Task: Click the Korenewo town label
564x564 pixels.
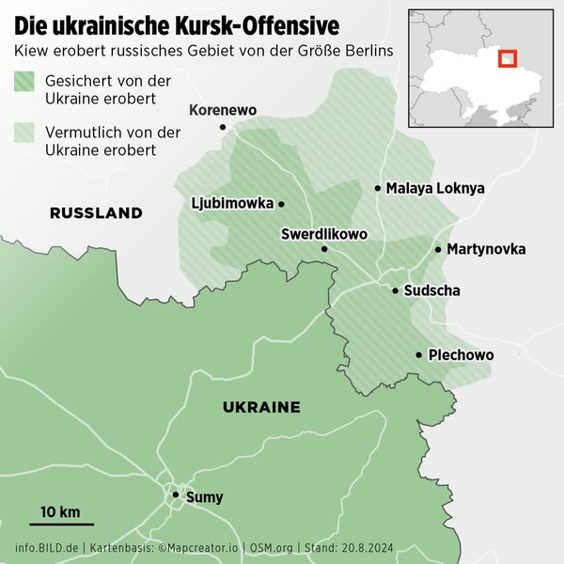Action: [x=223, y=111]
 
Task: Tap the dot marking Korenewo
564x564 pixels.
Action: [x=223, y=127]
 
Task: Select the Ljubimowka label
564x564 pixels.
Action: [x=231, y=203]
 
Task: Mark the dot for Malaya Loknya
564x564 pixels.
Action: [x=378, y=188]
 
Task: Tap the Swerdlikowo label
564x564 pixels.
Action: [x=324, y=233]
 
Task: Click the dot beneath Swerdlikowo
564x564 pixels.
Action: [x=324, y=249]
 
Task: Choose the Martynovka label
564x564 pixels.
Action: [x=486, y=249]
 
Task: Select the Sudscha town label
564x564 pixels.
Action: [x=431, y=290]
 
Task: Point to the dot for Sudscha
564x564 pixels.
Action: [x=396, y=290]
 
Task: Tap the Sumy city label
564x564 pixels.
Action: [x=205, y=496]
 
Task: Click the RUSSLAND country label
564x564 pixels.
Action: [x=96, y=213]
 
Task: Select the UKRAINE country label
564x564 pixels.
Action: [x=261, y=407]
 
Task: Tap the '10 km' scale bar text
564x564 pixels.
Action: [x=60, y=512]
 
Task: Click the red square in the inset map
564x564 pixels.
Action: [x=507, y=59]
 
